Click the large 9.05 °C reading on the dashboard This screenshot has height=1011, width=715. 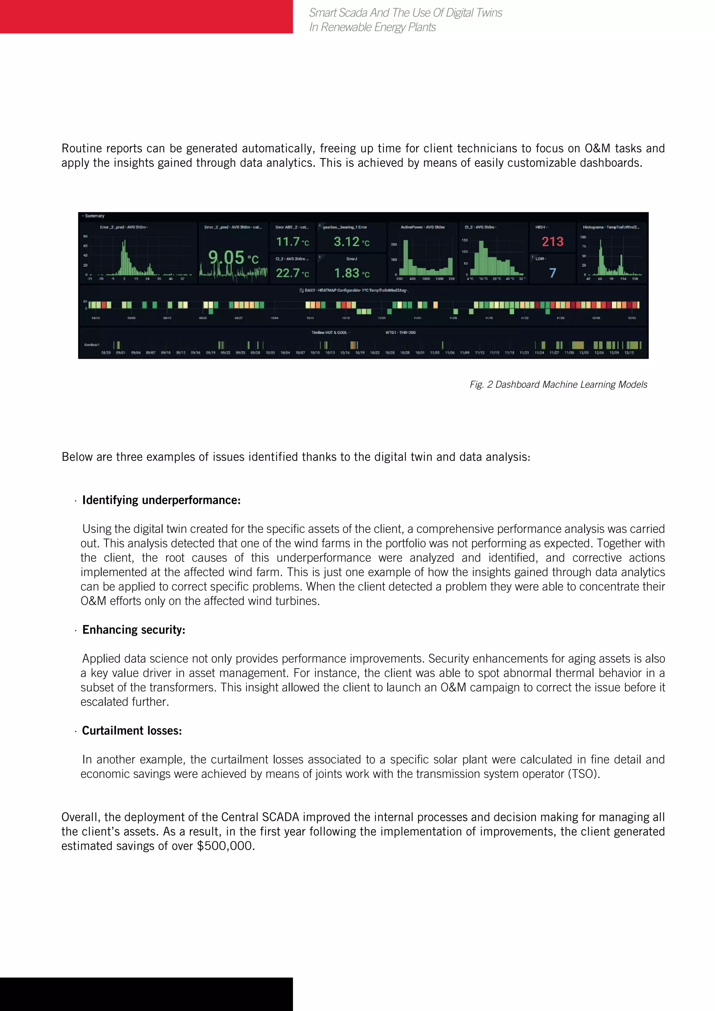[233, 257]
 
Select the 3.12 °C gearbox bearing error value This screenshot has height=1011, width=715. [351, 242]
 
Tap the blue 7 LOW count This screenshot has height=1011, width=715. [552, 273]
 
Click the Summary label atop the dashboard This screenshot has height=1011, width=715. [94, 216]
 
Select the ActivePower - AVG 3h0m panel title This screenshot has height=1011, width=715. [422, 227]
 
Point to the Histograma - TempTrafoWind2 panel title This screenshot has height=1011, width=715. [611, 227]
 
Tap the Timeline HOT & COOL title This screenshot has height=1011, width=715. [330, 333]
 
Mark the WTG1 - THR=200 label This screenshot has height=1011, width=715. [400, 333]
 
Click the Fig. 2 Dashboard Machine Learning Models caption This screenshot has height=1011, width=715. [558, 385]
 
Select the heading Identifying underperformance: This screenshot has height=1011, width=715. [161, 500]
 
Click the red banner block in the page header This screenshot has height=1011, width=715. [146, 17]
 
